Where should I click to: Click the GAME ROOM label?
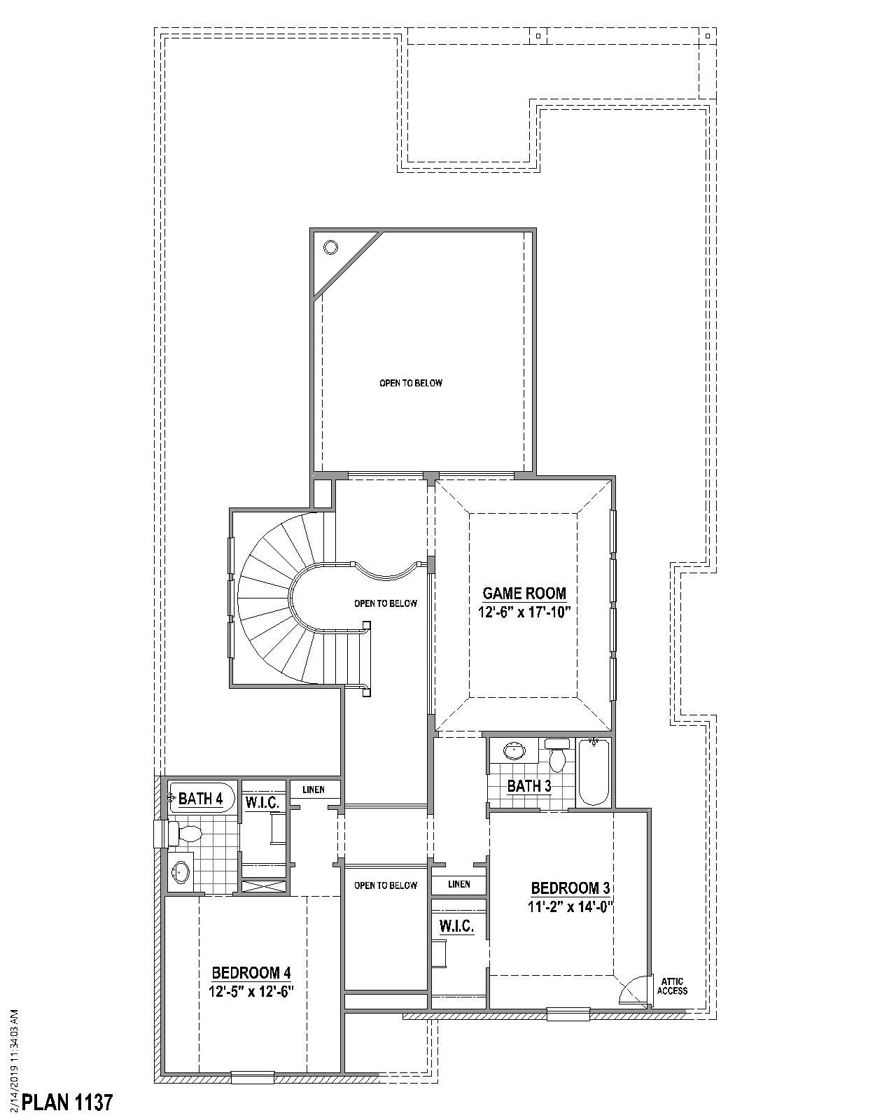coord(524,594)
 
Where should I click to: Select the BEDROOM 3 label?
coord(570,888)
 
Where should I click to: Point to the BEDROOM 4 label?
coord(251,972)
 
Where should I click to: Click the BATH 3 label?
coord(529,786)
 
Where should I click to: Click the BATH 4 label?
coord(200,799)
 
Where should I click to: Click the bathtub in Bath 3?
coord(594,773)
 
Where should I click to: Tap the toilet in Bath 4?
coord(186,833)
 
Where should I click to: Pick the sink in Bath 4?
coord(181,872)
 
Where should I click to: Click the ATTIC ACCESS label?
coord(672,986)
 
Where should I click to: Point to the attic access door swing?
coord(632,990)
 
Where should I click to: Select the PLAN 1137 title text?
coord(67,1102)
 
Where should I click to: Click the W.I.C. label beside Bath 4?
coord(262,802)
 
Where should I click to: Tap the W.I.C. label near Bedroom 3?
coord(456,926)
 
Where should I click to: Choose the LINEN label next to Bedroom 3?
coord(459,884)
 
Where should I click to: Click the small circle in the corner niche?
coord(330,247)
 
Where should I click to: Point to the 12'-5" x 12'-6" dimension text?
coord(250,991)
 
